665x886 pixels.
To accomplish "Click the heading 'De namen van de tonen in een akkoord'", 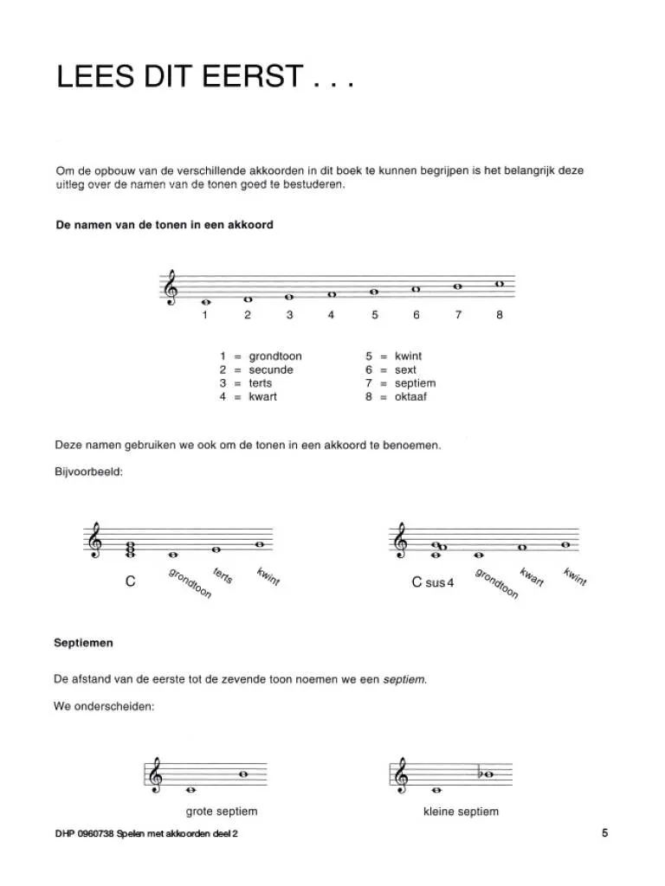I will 164,225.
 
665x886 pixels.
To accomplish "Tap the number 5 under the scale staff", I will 375,316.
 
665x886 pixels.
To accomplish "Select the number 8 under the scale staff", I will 500,316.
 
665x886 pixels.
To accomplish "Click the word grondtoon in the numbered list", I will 275,356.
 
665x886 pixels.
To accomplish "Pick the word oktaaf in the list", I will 410,397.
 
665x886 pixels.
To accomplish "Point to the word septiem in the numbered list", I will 415,383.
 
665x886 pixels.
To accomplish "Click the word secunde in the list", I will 271,370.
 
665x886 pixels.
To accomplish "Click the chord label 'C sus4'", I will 433,582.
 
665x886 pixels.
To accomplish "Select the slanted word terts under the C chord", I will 223,575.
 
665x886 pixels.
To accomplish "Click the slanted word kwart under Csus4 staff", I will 531,577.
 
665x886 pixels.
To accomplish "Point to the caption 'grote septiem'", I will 222,812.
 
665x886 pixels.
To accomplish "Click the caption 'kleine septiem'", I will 461,812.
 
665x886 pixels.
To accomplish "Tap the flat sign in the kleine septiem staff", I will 480,774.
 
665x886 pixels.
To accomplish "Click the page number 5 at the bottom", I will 604,833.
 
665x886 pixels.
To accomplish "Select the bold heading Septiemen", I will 83,644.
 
